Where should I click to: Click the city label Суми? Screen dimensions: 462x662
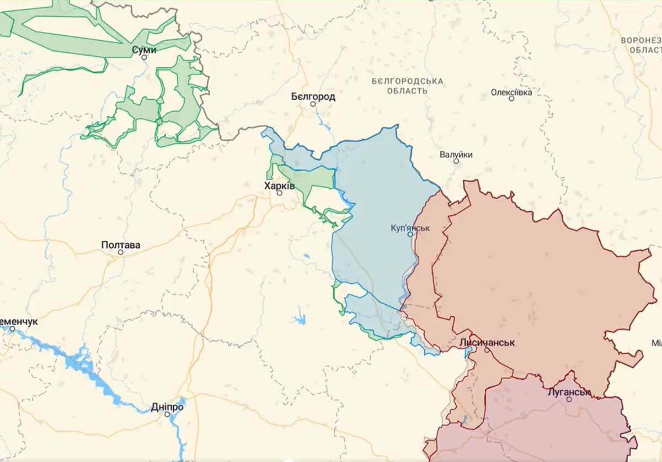144,50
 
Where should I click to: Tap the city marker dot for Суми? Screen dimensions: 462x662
144,57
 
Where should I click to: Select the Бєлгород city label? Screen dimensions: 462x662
313,97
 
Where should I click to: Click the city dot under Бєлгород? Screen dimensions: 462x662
313,104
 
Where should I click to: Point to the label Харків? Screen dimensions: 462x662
279,186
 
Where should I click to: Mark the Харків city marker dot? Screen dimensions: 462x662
279,193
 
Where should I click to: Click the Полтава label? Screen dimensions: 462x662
121,245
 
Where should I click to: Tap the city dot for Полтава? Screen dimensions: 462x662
121,252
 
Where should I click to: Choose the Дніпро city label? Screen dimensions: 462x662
167,407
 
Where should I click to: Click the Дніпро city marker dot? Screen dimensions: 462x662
167,415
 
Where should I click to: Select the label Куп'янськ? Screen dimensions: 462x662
410,227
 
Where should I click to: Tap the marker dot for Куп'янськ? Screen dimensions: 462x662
410,234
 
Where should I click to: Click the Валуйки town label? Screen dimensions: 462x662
456,155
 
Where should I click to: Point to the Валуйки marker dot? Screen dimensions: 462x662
456,161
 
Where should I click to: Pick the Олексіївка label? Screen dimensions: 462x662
511,92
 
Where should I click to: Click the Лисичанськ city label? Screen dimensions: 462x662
487,343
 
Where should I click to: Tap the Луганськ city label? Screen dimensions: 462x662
569,392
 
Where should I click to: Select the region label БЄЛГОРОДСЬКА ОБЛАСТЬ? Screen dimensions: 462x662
407,86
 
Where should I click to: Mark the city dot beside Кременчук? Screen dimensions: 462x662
12,328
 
